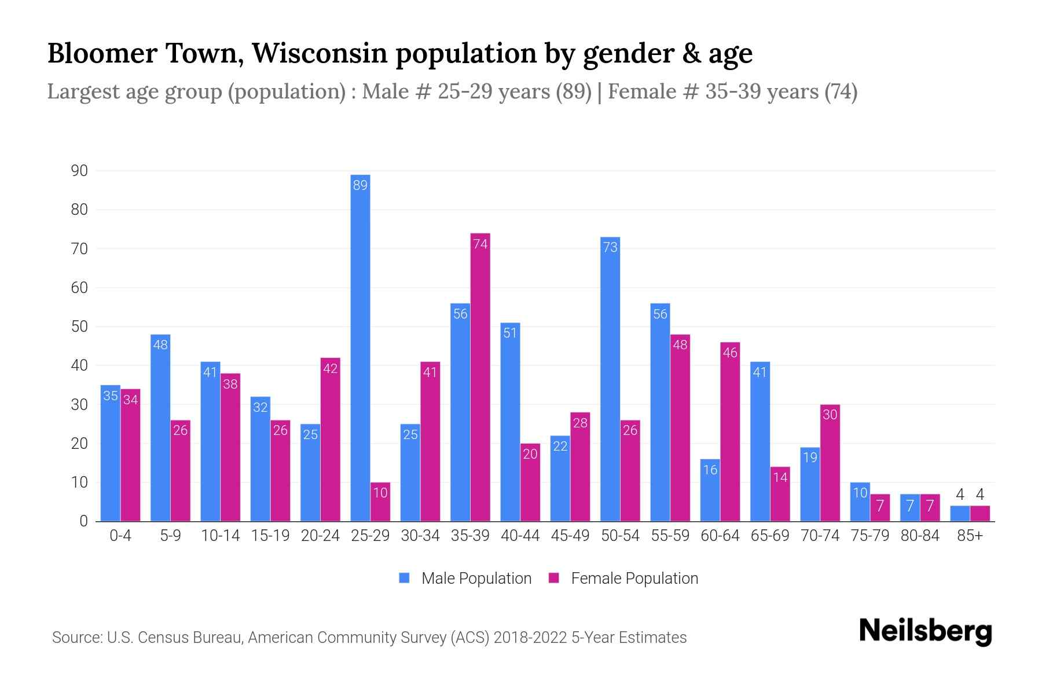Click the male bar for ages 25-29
pyautogui.click(x=360, y=348)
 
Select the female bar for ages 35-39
pyautogui.click(x=480, y=376)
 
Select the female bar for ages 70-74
pyautogui.click(x=830, y=463)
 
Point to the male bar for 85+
pyautogui.click(x=959, y=514)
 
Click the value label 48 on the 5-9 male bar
pyautogui.click(x=160, y=345)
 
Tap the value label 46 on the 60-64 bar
pyautogui.click(x=730, y=353)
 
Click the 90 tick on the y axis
pyautogui.click(x=79, y=171)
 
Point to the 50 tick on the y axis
pyautogui.click(x=79, y=327)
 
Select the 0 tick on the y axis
pyautogui.click(x=83, y=521)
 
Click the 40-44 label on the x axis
pyautogui.click(x=520, y=536)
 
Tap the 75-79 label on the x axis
pyautogui.click(x=869, y=536)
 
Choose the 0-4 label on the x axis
pyautogui.click(x=120, y=536)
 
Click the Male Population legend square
pyautogui.click(x=404, y=578)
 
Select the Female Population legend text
pyautogui.click(x=634, y=578)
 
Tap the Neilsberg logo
pyautogui.click(x=925, y=631)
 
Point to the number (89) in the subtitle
pyautogui.click(x=574, y=92)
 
